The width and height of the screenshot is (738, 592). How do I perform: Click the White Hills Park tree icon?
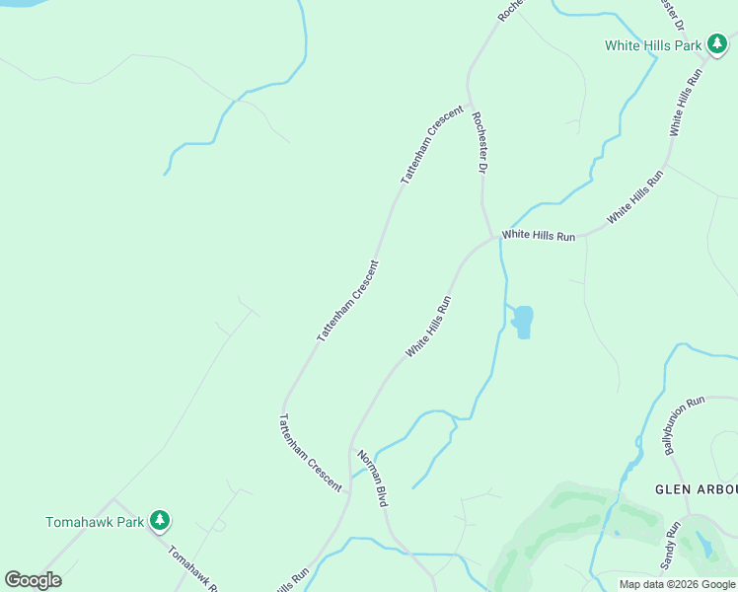click(717, 44)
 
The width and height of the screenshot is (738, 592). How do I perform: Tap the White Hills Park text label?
click(653, 45)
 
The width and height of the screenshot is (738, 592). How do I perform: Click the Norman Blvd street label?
click(373, 479)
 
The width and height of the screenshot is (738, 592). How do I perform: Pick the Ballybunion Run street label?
click(685, 425)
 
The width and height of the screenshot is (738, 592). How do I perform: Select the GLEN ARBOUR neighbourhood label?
click(696, 489)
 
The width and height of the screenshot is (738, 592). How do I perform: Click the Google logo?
click(33, 580)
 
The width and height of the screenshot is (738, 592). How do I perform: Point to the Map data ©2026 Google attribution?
click(676, 584)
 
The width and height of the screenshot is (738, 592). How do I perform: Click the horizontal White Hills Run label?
click(538, 236)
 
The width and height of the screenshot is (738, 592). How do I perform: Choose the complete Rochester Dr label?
click(480, 143)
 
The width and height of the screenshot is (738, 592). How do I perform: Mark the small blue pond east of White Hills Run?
click(523, 320)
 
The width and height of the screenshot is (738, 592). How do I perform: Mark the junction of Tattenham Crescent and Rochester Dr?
click(468, 100)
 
